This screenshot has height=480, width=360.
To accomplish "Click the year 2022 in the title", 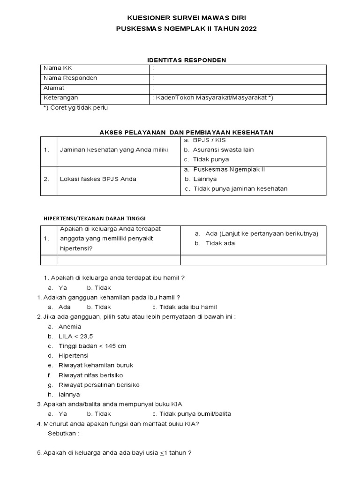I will coord(248,29).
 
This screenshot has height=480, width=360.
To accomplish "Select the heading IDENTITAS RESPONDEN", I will coord(187,60).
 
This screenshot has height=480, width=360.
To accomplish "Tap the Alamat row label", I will coord(54,88).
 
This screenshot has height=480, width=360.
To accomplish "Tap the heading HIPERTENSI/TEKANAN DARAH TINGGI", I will coord(95,218).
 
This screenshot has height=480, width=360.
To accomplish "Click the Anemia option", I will coord(70,326).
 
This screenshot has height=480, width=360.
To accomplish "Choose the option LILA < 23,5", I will coord(75,336).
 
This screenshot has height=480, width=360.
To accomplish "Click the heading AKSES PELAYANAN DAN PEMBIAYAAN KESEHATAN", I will coord(187,132).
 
